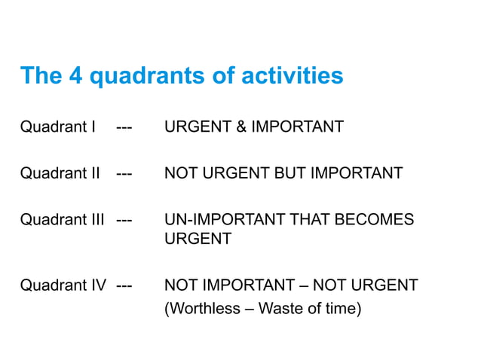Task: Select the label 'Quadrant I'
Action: click(57, 127)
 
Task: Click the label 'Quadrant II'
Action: click(60, 173)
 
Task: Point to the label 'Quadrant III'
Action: click(62, 220)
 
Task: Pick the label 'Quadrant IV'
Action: click(63, 285)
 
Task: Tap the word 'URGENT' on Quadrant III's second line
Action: click(198, 239)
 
